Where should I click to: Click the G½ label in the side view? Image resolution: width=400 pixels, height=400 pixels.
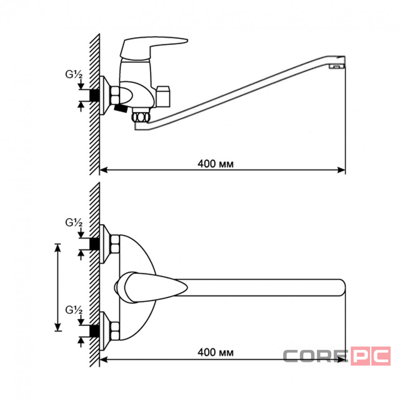(x=74, y=74)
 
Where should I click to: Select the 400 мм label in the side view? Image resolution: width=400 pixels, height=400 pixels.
(x=216, y=164)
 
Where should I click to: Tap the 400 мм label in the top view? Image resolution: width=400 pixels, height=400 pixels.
(x=216, y=353)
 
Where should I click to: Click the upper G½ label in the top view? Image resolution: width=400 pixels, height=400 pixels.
(x=74, y=223)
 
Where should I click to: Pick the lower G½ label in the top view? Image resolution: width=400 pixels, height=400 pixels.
(x=74, y=310)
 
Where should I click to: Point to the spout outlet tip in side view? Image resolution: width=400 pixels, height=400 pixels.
(x=337, y=66)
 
